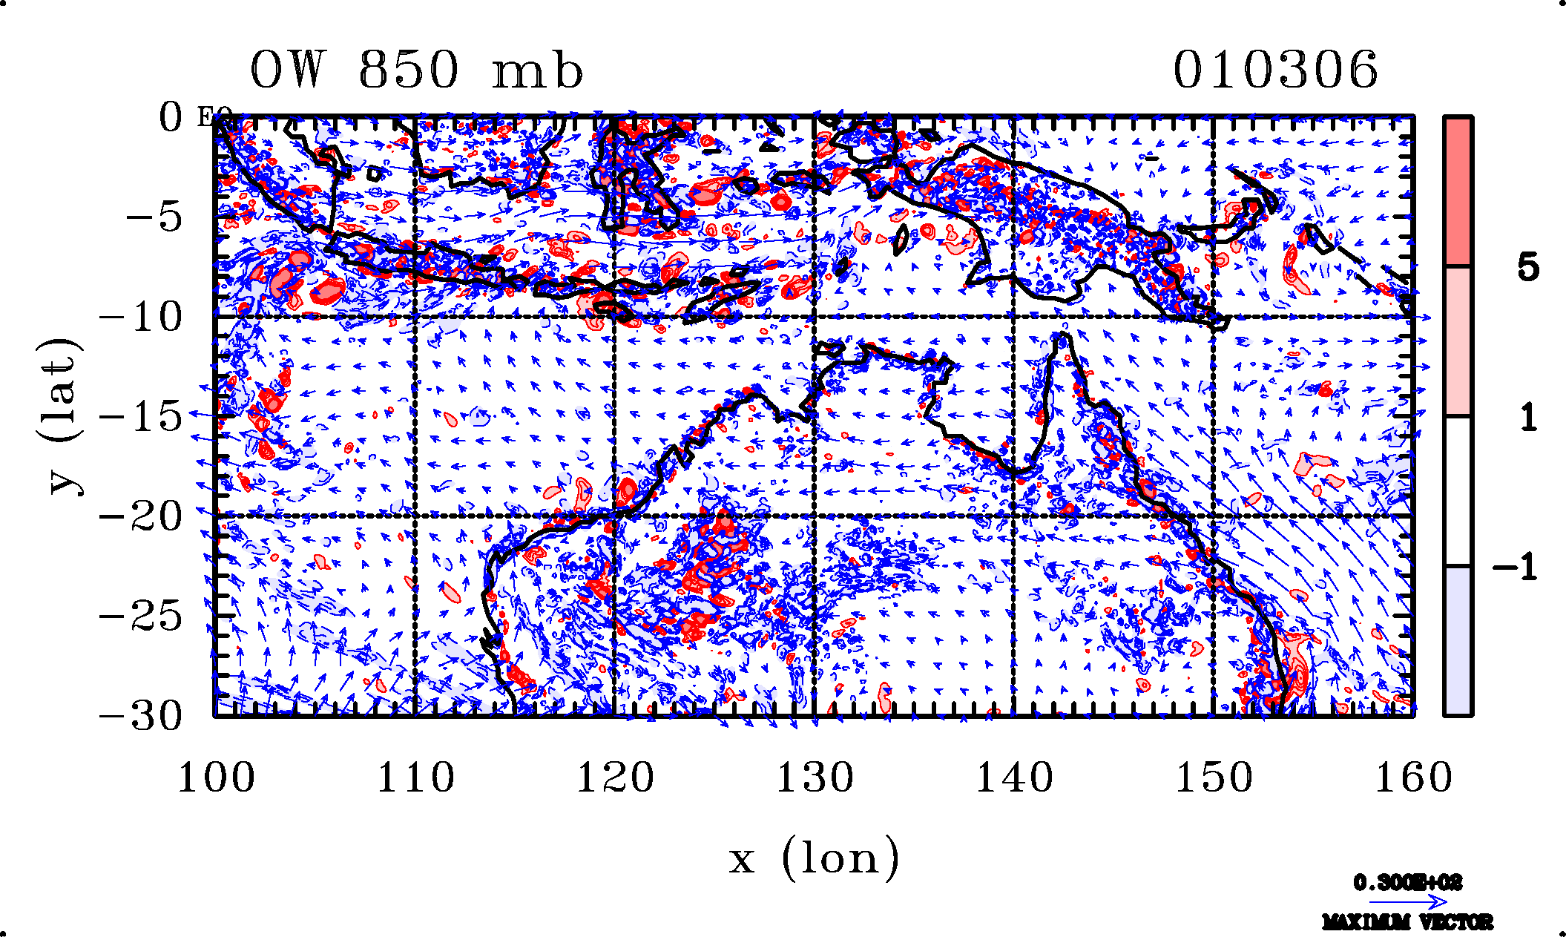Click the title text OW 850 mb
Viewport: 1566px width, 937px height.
pos(416,70)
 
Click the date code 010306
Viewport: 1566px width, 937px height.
pos(1275,70)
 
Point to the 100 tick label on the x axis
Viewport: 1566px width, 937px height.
pos(216,778)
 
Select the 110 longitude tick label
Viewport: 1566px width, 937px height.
pos(415,778)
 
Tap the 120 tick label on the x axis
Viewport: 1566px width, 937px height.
pos(615,778)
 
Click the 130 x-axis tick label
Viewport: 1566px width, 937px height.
pos(815,778)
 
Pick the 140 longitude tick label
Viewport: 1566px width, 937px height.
pos(1014,778)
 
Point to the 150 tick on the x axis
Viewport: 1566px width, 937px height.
pos(1214,778)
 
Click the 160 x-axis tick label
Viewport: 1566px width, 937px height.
pos(1413,778)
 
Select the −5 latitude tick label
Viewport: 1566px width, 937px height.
pos(154,218)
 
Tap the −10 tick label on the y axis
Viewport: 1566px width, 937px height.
pos(141,318)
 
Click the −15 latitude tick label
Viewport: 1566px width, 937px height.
pos(141,417)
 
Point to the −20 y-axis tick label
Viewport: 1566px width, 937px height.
pos(141,516)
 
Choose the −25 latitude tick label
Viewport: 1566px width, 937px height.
pos(141,616)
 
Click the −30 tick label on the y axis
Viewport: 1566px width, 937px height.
pos(141,716)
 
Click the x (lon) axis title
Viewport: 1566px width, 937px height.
pos(814,858)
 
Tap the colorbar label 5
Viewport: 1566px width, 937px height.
pos(1527,267)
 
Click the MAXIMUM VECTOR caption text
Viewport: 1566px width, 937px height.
pos(1407,922)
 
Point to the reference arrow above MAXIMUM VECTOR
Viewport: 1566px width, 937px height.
pos(1407,902)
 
